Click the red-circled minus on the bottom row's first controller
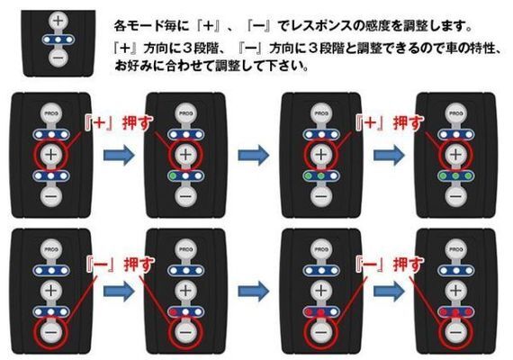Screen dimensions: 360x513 point(50,332)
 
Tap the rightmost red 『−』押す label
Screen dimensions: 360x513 point(377,265)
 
